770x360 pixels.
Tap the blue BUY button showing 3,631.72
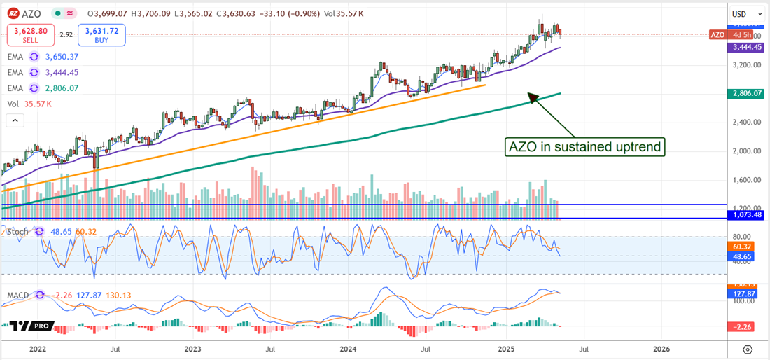(102, 34)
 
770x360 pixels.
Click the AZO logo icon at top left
(13, 13)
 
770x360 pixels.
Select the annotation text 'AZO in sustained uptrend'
(584, 147)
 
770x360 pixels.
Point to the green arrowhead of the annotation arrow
(532, 97)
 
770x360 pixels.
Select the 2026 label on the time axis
(661, 348)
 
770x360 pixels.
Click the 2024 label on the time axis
(349, 348)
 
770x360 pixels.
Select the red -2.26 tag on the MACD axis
(743, 326)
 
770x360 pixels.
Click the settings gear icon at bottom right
(748, 349)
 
